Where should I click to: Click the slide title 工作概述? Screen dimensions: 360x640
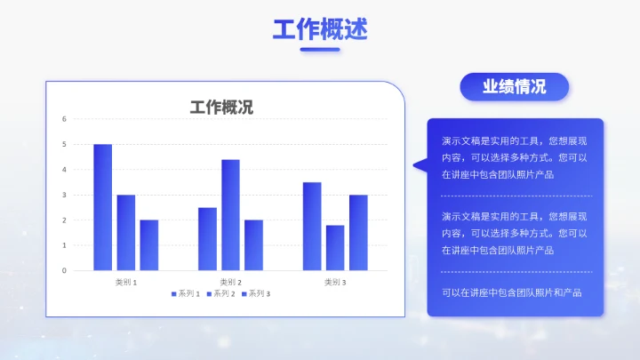click(x=320, y=29)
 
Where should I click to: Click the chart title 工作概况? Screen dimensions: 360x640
click(x=221, y=108)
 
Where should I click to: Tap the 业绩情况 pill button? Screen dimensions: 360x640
click(x=514, y=87)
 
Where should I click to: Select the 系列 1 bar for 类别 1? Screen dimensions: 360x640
click(x=103, y=207)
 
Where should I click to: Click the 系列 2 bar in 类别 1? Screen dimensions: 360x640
click(x=126, y=232)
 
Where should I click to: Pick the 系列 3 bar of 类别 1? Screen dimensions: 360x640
click(x=149, y=244)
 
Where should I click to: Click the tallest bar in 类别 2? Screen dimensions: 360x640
click(x=230, y=214)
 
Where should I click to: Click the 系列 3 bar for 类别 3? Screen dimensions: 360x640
click(x=358, y=232)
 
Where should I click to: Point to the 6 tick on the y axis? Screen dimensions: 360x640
click(x=64, y=119)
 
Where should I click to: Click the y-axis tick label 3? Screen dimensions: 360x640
click(x=64, y=195)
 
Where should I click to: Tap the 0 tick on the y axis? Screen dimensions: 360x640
click(x=64, y=270)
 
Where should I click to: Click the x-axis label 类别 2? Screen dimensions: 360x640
click(x=230, y=282)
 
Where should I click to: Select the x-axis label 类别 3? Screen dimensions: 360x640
click(x=335, y=282)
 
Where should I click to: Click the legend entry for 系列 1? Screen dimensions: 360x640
click(x=187, y=293)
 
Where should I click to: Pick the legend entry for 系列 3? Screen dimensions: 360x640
click(x=256, y=293)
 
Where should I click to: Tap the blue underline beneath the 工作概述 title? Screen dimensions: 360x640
click(x=320, y=50)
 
